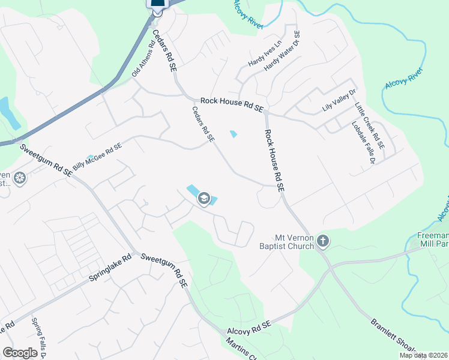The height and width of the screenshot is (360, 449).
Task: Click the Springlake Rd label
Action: [110, 272]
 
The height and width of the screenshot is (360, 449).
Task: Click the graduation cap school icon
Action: [204, 199]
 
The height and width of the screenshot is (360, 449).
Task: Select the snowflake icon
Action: [20, 178]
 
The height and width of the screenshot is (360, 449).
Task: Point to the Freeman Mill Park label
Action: [433, 241]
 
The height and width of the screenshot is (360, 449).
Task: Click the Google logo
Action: [20, 352]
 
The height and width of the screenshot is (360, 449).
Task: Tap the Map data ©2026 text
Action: [423, 355]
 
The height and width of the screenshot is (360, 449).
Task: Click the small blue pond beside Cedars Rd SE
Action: [233, 133]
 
